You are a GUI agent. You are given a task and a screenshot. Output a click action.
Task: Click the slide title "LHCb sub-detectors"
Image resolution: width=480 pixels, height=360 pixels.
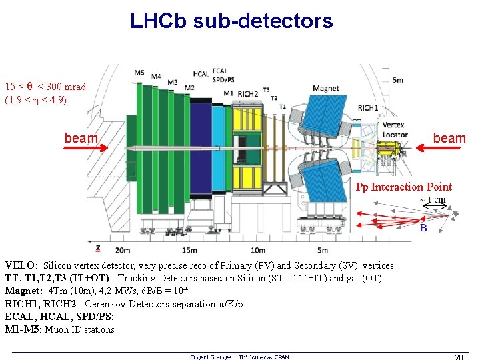[231, 21]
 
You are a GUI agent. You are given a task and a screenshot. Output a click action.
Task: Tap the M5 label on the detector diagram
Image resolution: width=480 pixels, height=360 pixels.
[139, 72]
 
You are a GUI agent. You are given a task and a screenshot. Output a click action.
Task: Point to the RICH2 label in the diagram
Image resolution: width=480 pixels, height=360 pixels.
[247, 94]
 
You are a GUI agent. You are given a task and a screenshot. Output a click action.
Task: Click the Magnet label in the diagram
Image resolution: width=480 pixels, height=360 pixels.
[325, 89]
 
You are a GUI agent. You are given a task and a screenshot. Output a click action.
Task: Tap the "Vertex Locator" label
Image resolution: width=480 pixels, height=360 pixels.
[394, 129]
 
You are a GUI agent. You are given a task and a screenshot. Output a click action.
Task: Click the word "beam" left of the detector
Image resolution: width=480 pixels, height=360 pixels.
[81, 138]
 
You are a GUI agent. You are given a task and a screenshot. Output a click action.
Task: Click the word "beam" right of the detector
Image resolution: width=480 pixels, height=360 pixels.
[449, 138]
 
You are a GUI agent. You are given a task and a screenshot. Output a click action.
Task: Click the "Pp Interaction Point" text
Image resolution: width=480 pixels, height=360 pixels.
[403, 187]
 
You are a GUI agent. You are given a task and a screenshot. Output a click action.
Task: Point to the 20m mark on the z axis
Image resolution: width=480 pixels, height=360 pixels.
[123, 250]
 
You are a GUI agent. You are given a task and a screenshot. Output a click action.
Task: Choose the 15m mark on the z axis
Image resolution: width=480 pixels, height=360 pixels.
[189, 250]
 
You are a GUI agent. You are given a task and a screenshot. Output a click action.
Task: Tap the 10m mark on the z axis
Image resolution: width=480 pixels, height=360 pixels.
[257, 250]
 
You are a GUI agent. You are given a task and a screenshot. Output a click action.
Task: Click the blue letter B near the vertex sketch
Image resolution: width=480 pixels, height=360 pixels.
[423, 228]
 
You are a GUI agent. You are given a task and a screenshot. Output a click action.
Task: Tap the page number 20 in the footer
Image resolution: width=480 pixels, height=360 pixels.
[458, 357]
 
